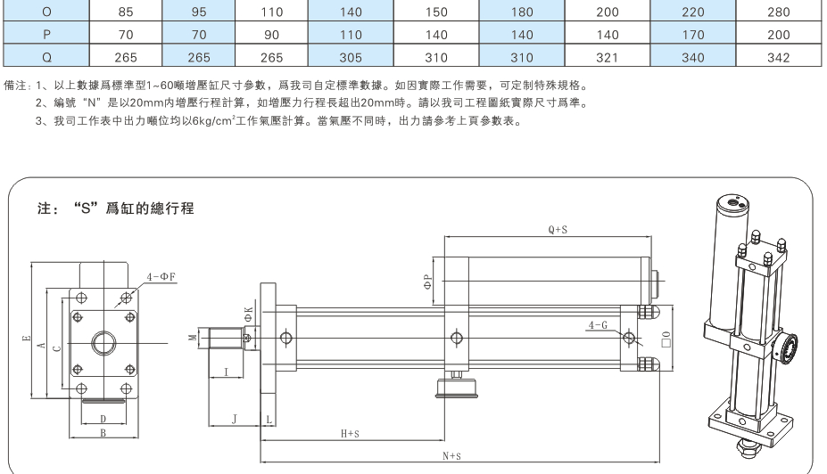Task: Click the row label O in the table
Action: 45,12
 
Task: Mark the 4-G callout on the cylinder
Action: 598,325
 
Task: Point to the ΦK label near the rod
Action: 249,313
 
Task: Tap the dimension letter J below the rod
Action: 234,416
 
